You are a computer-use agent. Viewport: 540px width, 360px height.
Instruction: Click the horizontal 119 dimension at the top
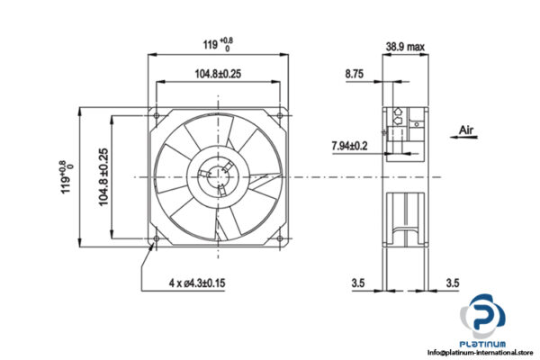tap(217, 41)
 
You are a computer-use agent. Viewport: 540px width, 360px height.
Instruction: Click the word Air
tap(466, 130)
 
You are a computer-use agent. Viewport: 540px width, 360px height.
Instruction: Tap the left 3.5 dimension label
tap(358, 285)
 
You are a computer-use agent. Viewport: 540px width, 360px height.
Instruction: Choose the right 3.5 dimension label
tap(453, 285)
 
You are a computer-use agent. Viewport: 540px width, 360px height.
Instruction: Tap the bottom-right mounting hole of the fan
tap(278, 238)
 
